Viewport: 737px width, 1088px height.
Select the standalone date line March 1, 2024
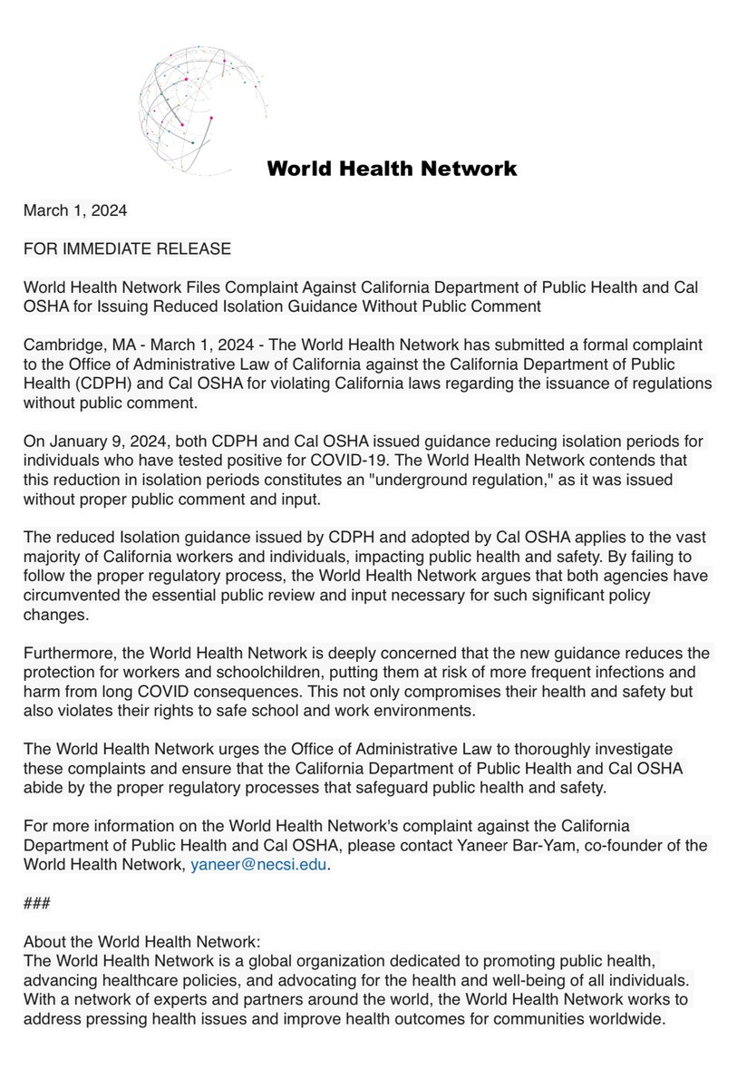point(75,210)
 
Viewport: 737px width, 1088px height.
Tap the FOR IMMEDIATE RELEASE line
point(127,248)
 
